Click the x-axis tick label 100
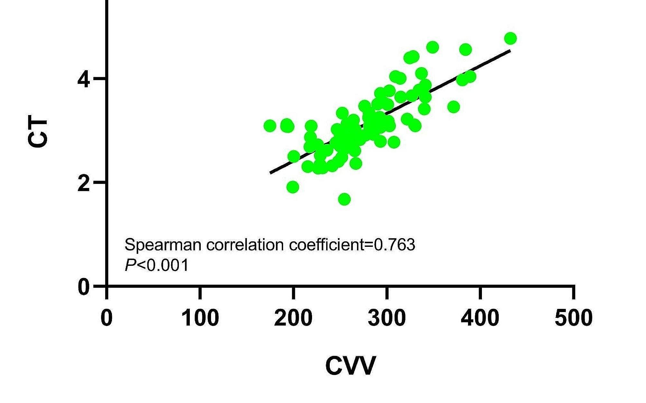pos(200,318)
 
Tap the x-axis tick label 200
pos(293,318)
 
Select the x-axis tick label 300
pos(387,318)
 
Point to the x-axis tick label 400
pos(480,318)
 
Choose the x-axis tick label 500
pos(573,318)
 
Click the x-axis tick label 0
pos(106,318)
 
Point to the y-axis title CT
pos(38,133)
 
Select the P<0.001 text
pos(156,265)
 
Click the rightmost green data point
pos(510,39)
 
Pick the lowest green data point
pos(344,199)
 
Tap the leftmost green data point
pos(270,126)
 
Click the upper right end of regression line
pos(509,50)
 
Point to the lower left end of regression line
pos(271,173)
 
